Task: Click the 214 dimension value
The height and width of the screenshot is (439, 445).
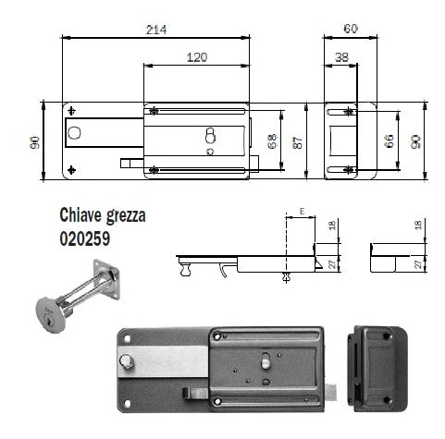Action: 156,30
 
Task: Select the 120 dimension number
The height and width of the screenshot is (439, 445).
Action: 197,57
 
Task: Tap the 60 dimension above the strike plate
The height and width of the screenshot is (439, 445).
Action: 351,29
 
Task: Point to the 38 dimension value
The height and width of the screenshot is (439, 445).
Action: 341,57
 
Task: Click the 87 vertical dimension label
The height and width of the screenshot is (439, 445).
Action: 298,142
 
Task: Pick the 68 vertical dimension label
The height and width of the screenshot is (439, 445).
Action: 272,141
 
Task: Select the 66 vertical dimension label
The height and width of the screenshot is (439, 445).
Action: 389,141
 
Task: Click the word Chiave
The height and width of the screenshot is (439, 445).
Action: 80,214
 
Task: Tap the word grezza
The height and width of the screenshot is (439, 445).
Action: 126,216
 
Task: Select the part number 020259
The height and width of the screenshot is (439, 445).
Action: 85,238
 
